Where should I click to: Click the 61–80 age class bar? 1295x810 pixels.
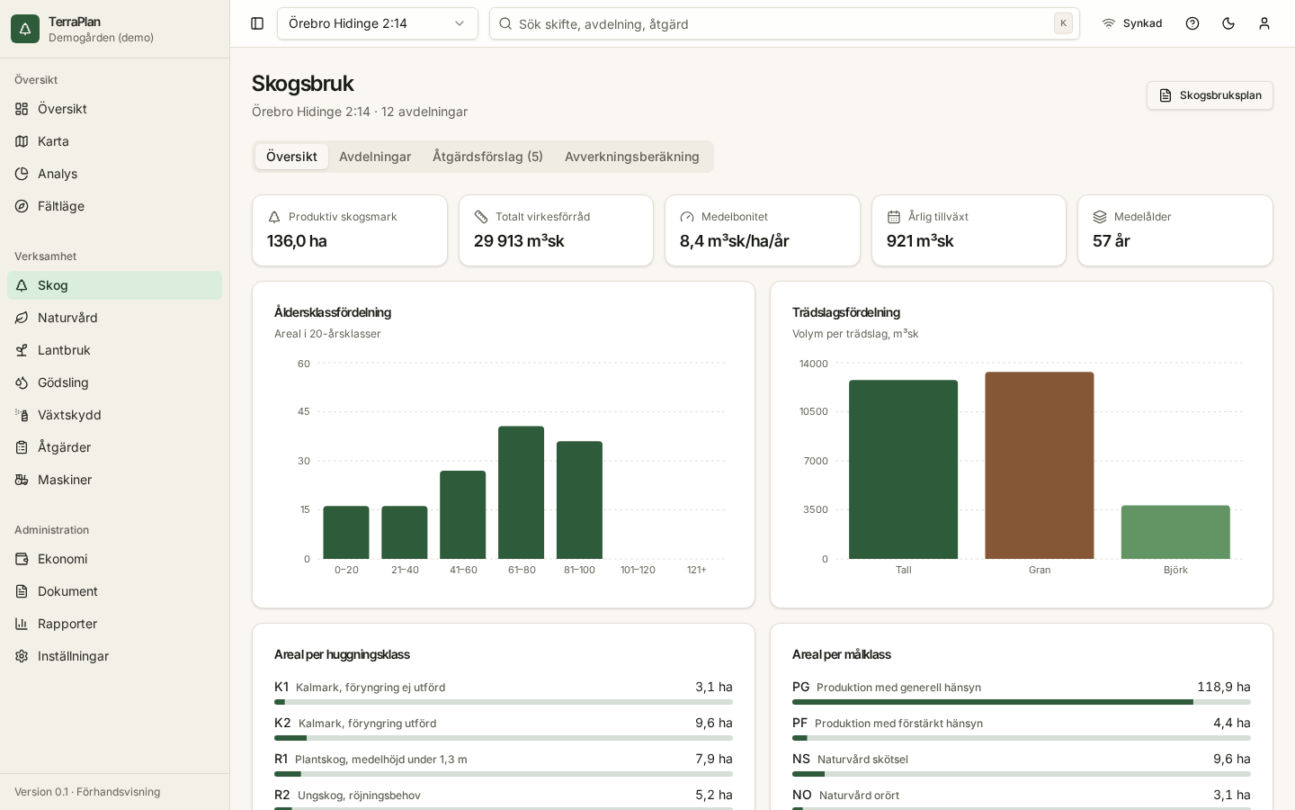(521, 492)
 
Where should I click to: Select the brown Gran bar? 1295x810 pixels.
(1040, 465)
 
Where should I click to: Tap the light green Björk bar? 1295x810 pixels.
(1175, 532)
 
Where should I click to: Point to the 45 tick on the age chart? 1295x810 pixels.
(304, 411)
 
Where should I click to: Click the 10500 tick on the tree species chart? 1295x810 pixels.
(813, 411)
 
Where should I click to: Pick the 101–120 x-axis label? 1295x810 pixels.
(638, 570)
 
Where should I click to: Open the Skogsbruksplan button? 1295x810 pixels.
(1210, 95)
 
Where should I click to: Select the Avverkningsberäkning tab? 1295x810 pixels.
(632, 157)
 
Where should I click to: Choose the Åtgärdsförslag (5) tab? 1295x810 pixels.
(488, 157)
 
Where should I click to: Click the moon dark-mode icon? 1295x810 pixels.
(1228, 23)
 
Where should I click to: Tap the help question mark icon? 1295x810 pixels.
(1192, 23)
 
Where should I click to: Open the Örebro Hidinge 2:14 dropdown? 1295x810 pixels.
(378, 23)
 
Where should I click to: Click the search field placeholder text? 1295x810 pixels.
(603, 24)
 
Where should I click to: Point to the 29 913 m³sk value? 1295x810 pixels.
(519, 240)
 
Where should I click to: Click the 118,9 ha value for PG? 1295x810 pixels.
(1224, 687)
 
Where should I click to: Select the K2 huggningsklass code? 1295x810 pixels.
(282, 723)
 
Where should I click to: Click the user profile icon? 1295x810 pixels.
(1264, 23)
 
